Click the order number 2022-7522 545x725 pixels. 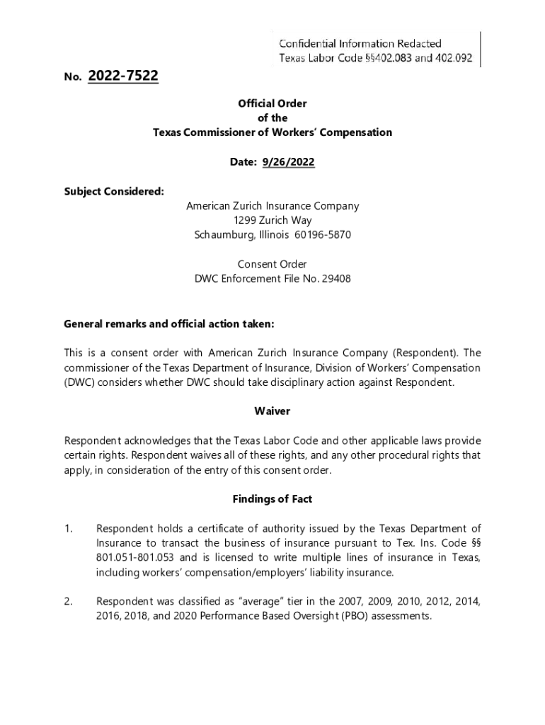tap(123, 76)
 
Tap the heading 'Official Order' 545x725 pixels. tap(272, 103)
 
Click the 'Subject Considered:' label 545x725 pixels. tap(104, 191)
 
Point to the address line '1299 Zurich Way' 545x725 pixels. tap(272, 220)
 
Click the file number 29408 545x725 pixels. tap(338, 279)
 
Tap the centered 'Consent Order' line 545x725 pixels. tap(272, 264)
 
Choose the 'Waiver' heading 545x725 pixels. tap(272, 411)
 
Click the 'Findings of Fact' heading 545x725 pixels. tap(272, 499)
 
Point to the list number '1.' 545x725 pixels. tap(69, 528)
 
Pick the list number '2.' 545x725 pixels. tap(69, 602)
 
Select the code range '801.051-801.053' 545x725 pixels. tap(132, 558)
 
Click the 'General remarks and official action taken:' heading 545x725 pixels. tap(168, 324)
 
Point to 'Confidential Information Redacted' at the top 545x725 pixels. tap(360, 44)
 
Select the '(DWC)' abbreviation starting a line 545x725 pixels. tap(78, 383)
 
